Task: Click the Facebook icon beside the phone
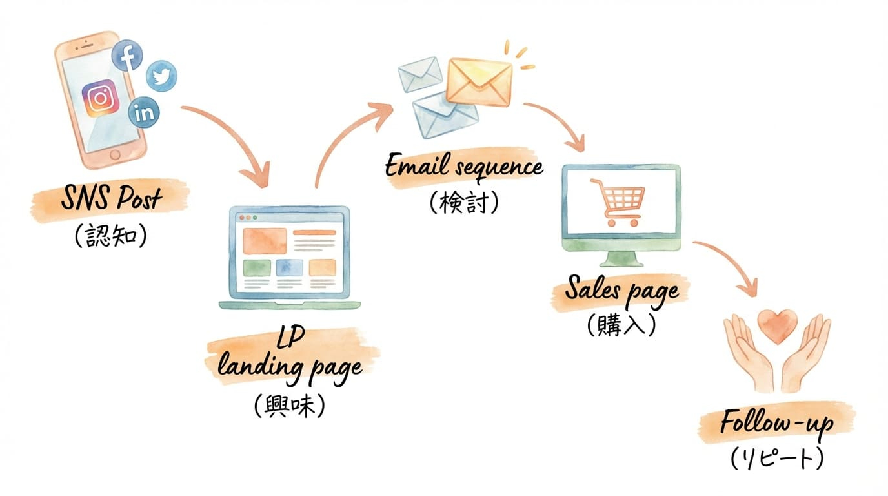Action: point(127,56)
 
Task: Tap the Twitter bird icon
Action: point(161,76)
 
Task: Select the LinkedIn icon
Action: point(145,113)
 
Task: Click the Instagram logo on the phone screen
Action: point(101,98)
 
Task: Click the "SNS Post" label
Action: point(110,198)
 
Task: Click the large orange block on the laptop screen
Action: point(265,242)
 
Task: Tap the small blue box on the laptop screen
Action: point(288,267)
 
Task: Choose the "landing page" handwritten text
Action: point(290,369)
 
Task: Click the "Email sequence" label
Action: point(463,167)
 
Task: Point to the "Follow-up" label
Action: point(776,424)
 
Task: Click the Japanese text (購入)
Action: point(621,325)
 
